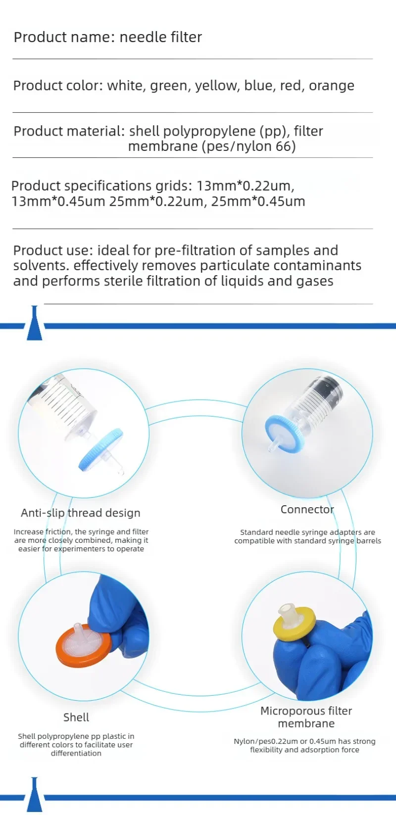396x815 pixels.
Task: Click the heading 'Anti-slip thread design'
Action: pyautogui.click(x=80, y=513)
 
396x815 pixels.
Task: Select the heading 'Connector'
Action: pyautogui.click(x=307, y=509)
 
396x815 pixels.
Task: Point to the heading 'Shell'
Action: pyautogui.click(x=76, y=717)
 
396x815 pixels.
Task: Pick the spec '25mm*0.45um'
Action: pyautogui.click(x=258, y=201)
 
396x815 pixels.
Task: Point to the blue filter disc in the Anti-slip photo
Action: pyautogui.click(x=101, y=450)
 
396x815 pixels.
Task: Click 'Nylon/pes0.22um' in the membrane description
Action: pyautogui.click(x=266, y=741)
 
